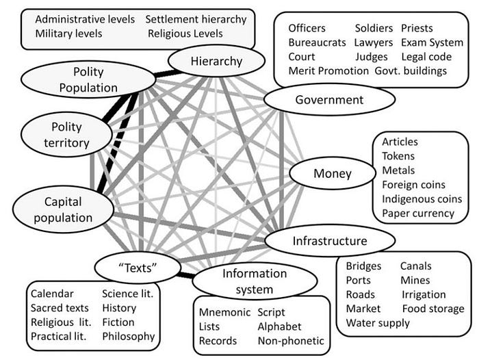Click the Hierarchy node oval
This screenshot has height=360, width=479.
tap(216, 62)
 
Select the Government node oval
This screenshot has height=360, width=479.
tap(329, 100)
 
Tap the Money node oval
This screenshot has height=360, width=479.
tap(332, 174)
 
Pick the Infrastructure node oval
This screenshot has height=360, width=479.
tap(330, 241)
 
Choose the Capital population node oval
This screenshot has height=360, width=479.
tap(63, 210)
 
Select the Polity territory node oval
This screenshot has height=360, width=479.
tap(66, 135)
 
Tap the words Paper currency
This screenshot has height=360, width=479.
tap(418, 213)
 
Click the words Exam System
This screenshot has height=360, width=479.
tap(432, 42)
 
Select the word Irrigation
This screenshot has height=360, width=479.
tap(424, 294)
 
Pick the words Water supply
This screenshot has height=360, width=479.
tap(378, 323)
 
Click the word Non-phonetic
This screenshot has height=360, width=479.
tap(291, 341)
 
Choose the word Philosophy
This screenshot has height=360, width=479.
tap(129, 336)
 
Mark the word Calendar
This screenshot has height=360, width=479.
tap(53, 294)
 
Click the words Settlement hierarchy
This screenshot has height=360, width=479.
tap(196, 19)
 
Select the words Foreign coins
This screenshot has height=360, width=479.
tap(413, 185)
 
